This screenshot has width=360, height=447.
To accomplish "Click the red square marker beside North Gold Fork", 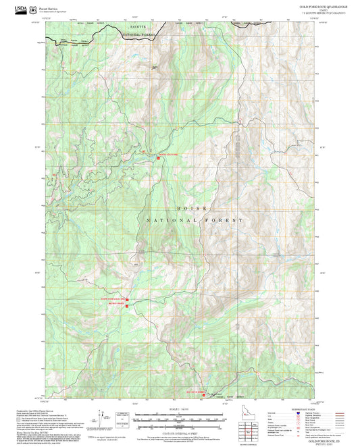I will (x=157, y=158).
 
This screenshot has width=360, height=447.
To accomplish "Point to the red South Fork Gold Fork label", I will (x=113, y=298).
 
